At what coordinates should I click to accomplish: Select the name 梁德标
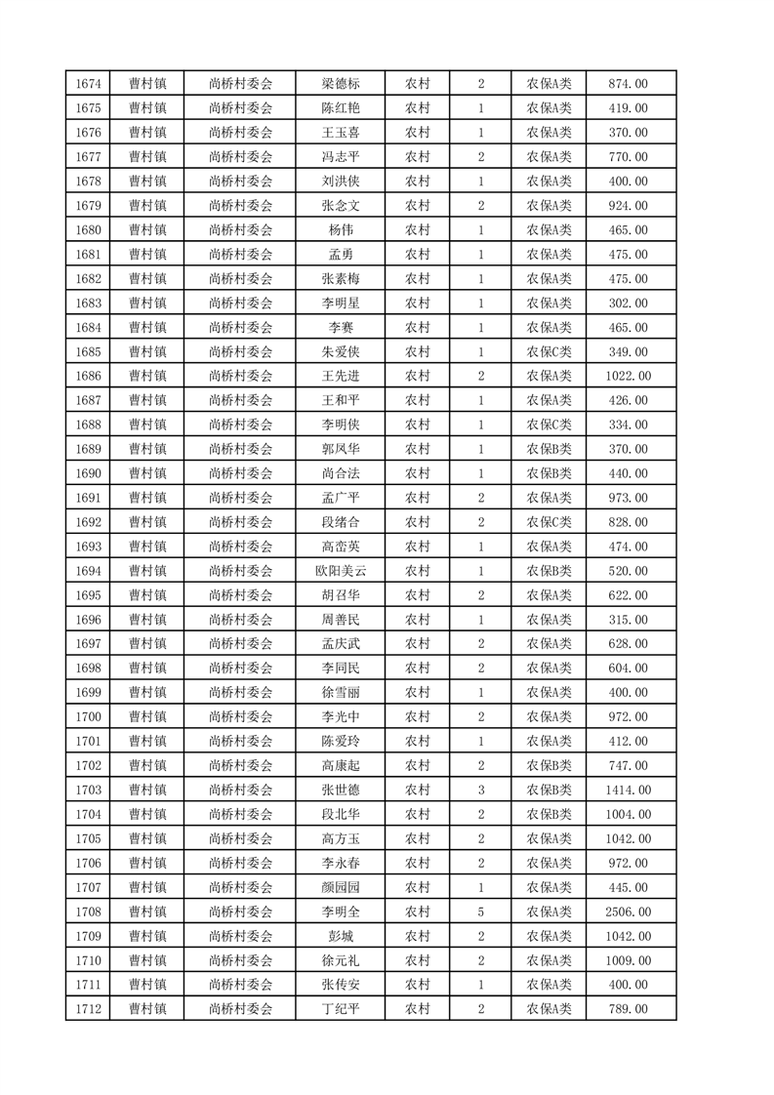(x=340, y=84)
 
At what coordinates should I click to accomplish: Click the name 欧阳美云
(x=340, y=571)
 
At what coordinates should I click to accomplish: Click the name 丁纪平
(x=340, y=1009)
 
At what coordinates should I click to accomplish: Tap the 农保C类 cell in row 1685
(x=550, y=351)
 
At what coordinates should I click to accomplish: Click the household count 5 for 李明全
(x=481, y=912)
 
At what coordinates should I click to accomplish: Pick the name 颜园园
(x=340, y=887)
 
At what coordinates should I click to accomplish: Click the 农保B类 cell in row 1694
(x=550, y=571)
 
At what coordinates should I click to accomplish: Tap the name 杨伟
(x=340, y=230)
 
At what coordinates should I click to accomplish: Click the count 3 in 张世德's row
(x=481, y=790)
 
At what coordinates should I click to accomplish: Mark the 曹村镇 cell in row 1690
(x=147, y=473)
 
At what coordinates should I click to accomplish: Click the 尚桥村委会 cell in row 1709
(x=240, y=936)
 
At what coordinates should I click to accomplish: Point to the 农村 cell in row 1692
(x=418, y=522)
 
